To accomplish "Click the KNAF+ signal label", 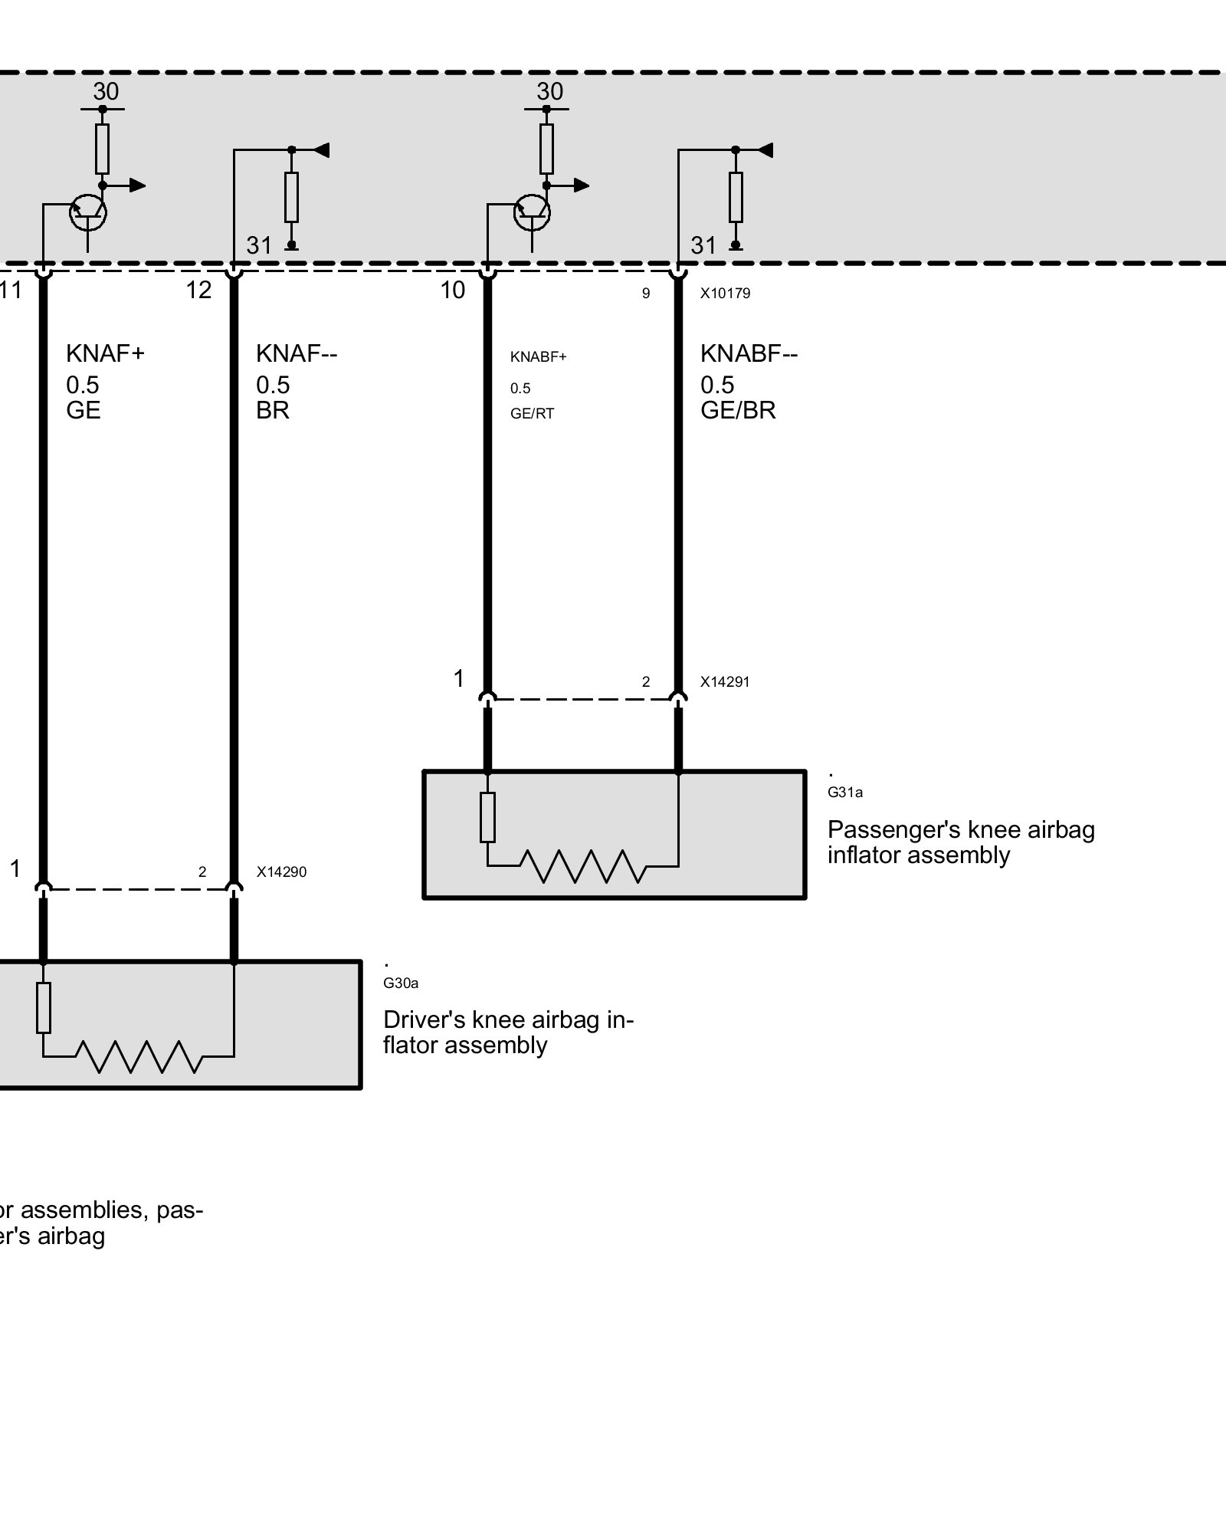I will (x=105, y=353).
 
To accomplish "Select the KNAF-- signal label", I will (x=297, y=353).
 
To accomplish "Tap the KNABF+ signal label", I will (x=538, y=357).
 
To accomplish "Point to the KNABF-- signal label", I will (x=749, y=353).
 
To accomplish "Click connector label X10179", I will (x=725, y=293).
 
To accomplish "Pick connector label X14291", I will (x=725, y=681).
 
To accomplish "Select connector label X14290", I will (x=281, y=872).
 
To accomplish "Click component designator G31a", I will (x=844, y=793).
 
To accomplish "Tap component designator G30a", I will (x=401, y=983).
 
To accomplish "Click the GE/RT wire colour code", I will (x=532, y=414).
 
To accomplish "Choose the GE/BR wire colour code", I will (x=738, y=410).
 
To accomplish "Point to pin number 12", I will (x=198, y=290).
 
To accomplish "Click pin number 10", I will (x=452, y=290).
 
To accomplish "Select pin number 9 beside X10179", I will (x=646, y=294).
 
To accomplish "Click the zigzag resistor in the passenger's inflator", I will (x=582, y=866).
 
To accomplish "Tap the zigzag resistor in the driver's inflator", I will (x=139, y=1056).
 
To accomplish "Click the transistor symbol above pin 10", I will (x=532, y=212).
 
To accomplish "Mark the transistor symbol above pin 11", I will (x=87, y=212).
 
